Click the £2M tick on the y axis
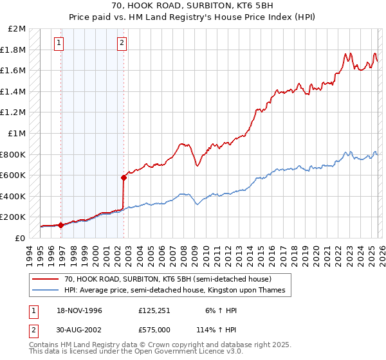tap(18, 29)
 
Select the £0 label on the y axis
tap(21, 238)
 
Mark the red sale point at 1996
tap(60, 225)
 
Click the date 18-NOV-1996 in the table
tap(76, 310)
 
